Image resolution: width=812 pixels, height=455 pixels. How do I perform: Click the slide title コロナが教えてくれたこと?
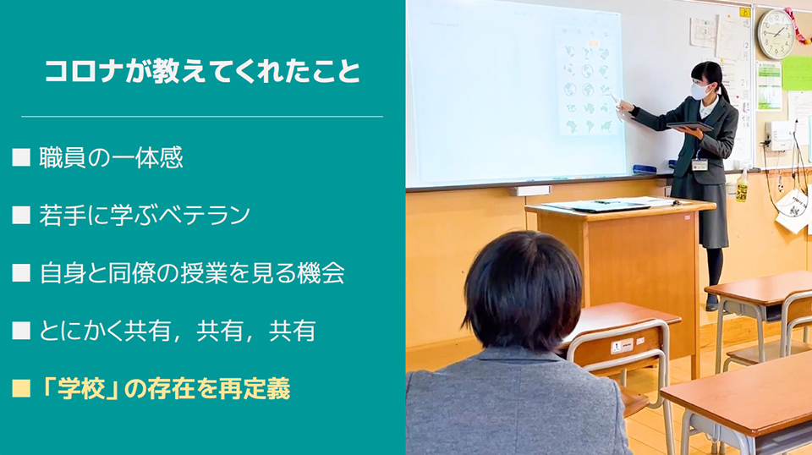pos(202,71)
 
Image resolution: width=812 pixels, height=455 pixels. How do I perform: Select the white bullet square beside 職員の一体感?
pos(21,157)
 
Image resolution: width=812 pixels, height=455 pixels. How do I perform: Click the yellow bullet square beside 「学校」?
pos(21,388)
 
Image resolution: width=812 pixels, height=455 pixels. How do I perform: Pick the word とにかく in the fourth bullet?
pos(81,332)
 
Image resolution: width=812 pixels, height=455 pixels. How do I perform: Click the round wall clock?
pos(776,34)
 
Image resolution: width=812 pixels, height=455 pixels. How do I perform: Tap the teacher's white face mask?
pos(700,91)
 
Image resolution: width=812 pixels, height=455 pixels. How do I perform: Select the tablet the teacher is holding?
pos(689,126)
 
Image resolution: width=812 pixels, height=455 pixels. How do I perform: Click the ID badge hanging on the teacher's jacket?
pos(700,165)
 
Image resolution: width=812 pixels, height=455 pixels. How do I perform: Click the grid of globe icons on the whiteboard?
pos(588,82)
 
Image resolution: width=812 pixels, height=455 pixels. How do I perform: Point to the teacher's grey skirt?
pos(700,211)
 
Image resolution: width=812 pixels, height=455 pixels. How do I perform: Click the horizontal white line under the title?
pos(202,117)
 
